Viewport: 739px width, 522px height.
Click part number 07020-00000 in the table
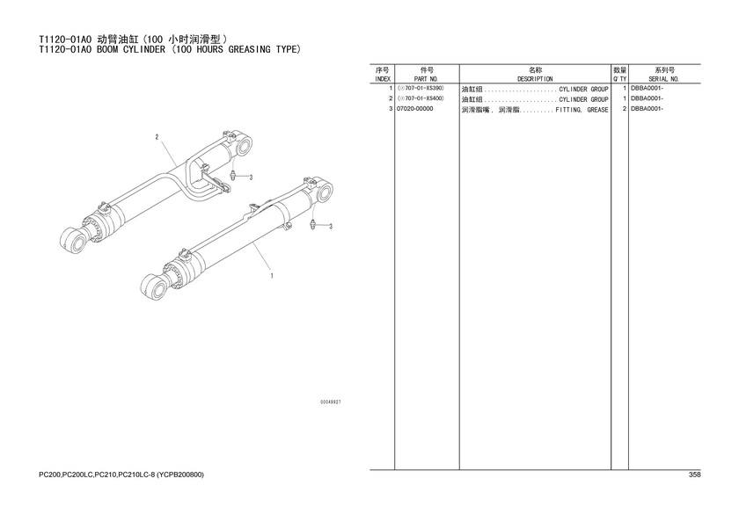[415, 109]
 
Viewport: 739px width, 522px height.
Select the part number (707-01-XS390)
[421, 88]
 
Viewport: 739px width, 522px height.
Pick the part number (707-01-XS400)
[421, 98]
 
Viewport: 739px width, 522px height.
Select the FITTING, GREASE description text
[582, 110]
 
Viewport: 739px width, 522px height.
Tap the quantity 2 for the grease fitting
[624, 109]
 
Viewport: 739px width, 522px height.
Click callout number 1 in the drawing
[272, 276]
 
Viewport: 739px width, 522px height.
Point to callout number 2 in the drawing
[157, 137]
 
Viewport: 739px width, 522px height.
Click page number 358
[695, 475]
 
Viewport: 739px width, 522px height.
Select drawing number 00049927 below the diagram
[331, 402]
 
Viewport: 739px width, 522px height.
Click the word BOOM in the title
[107, 49]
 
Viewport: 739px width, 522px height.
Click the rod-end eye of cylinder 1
[154, 286]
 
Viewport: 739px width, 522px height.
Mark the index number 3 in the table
[391, 109]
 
